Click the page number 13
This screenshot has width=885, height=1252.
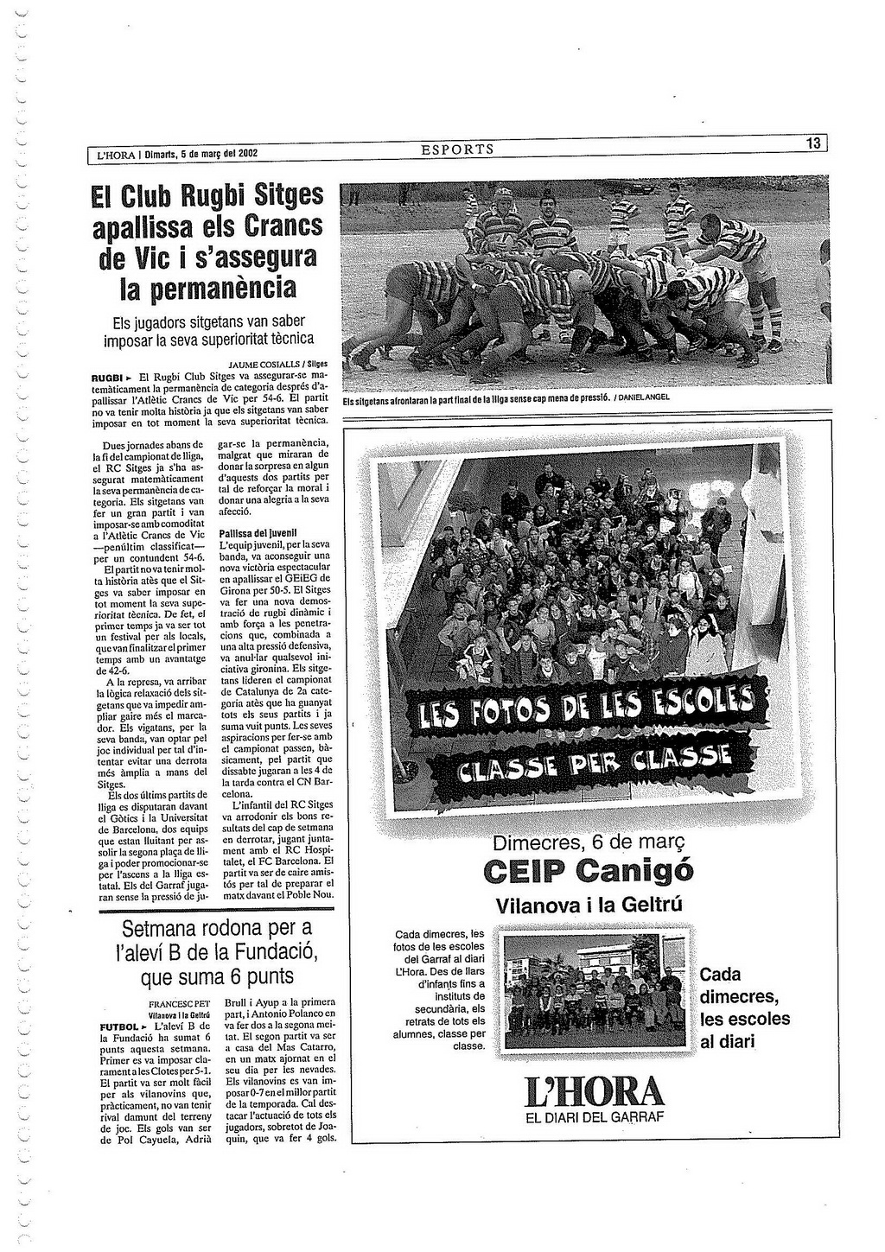(x=812, y=144)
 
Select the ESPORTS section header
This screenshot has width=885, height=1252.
(x=457, y=149)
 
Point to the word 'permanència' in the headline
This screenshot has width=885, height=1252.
(x=207, y=286)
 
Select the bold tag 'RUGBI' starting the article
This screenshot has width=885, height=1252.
(x=109, y=378)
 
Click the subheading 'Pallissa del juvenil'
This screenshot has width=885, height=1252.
(x=258, y=533)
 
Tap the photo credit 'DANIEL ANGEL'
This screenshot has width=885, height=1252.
(x=644, y=397)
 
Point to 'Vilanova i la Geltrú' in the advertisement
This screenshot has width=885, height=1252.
(x=589, y=905)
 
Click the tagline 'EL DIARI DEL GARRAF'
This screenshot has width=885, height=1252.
(x=594, y=1116)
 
